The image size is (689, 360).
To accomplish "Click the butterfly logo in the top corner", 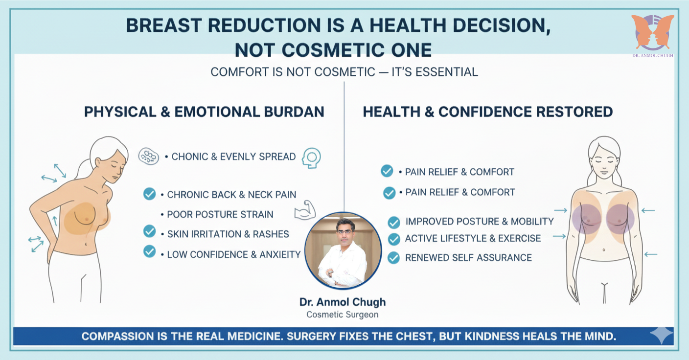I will (652, 32).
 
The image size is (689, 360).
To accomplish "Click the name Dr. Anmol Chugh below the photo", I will (343, 302).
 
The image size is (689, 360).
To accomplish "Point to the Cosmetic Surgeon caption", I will (343, 315).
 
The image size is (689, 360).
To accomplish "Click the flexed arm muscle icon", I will (305, 211).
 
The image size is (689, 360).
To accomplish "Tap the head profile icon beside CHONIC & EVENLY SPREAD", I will (311, 158).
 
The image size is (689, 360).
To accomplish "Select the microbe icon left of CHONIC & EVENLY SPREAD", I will (149, 156).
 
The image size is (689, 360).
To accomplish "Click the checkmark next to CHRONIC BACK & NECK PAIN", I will (149, 194).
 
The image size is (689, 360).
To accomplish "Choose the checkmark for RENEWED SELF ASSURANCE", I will (393, 257).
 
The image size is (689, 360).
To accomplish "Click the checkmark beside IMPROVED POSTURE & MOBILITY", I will (393, 223).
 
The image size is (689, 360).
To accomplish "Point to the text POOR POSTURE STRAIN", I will (220, 214).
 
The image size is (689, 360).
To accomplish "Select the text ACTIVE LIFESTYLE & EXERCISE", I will (473, 239).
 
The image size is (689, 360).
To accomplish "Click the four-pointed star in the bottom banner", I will (661, 337).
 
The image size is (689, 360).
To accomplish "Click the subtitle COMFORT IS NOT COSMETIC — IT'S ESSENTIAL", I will (344, 72).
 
